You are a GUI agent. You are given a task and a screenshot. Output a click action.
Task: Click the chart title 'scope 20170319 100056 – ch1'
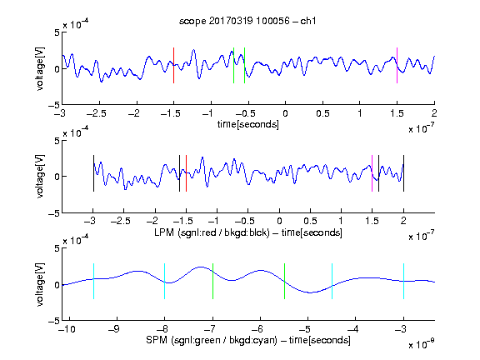click(x=247, y=21)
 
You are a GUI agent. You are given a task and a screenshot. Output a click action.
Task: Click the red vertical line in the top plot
click(x=173, y=65)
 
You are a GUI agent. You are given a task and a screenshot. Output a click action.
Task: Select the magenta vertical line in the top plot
click(x=397, y=65)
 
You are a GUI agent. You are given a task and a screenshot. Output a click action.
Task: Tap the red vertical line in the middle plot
click(x=186, y=173)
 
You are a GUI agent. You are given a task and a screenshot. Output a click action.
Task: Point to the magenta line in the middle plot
click(x=372, y=173)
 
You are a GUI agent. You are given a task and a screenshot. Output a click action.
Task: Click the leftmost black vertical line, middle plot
click(x=93, y=173)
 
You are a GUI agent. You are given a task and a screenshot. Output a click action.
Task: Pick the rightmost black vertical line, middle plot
click(x=404, y=173)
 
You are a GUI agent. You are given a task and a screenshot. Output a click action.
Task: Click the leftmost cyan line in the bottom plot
click(x=93, y=281)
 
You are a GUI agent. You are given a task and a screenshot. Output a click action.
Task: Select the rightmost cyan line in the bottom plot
click(x=404, y=281)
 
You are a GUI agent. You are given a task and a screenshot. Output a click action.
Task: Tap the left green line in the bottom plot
click(x=212, y=281)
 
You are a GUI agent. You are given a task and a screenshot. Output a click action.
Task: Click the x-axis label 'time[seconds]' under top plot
click(x=248, y=124)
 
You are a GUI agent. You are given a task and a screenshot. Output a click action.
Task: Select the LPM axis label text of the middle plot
click(x=248, y=232)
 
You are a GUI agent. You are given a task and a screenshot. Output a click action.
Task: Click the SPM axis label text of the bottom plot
click(x=248, y=340)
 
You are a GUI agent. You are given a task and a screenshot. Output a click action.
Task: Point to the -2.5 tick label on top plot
click(x=97, y=113)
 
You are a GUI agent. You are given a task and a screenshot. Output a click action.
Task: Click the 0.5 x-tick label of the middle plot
click(x=310, y=221)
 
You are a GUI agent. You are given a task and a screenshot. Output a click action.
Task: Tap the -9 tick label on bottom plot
click(x=114, y=329)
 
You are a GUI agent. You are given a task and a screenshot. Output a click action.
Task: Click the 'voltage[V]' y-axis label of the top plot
click(x=40, y=68)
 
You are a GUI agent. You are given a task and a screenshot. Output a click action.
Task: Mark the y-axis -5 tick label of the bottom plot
click(x=54, y=321)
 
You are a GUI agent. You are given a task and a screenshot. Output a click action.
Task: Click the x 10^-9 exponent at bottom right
click(x=422, y=344)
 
